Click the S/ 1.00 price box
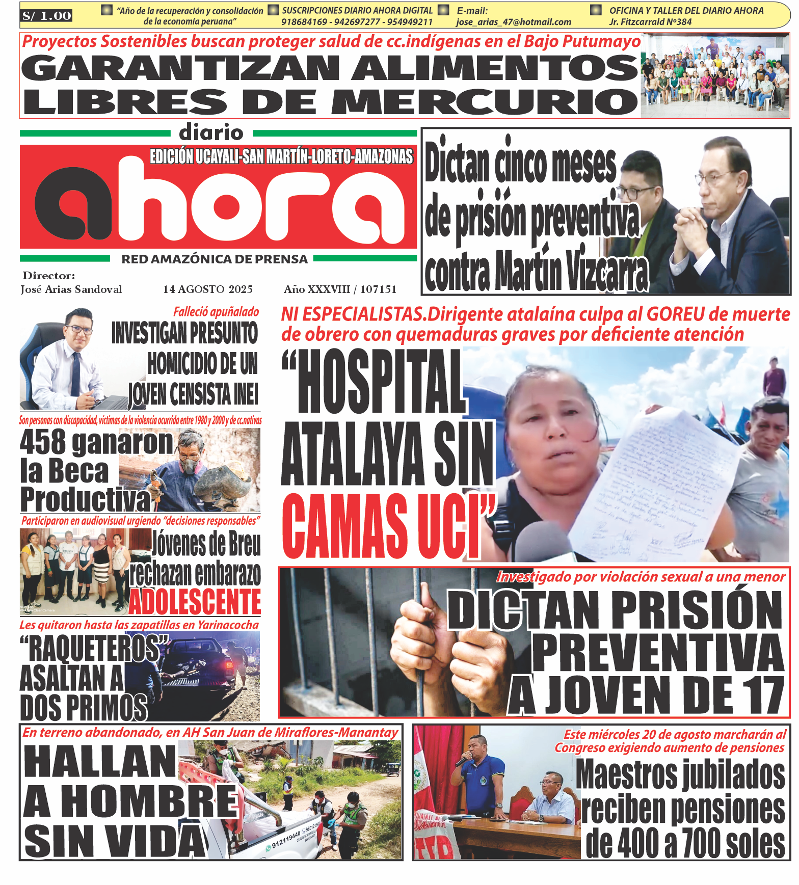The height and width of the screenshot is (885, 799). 46,16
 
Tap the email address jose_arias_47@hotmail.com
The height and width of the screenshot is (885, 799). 513,22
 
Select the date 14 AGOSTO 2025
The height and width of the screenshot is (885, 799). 208,289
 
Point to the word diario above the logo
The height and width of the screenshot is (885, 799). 211,133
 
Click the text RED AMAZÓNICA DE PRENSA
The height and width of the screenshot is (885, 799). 215,259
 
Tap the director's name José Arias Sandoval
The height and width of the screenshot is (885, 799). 71,289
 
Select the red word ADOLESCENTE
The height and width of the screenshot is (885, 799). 195,602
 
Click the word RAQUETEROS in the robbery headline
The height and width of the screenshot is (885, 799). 95,649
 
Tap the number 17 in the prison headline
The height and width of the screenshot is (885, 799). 761,695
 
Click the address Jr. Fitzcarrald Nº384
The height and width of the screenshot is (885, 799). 650,22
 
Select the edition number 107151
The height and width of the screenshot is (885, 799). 378,289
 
